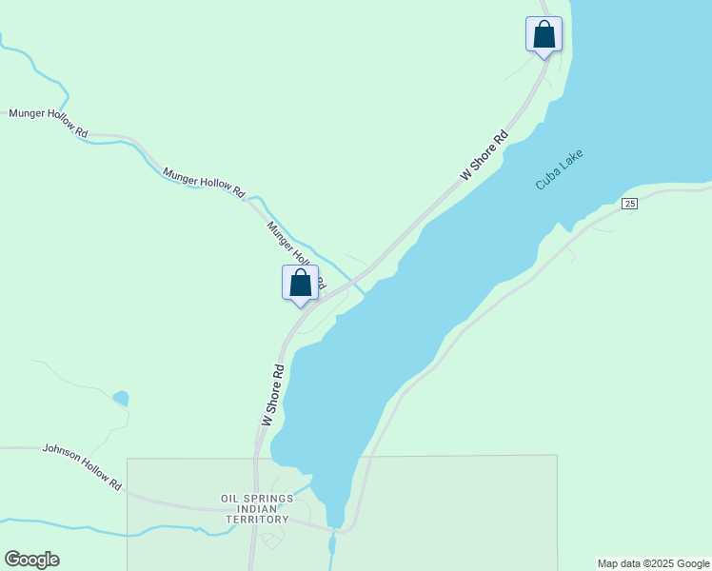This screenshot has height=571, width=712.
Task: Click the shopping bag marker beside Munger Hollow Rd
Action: click(301, 284)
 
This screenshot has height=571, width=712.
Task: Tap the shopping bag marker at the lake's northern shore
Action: click(544, 35)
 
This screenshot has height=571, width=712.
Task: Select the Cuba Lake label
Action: click(559, 169)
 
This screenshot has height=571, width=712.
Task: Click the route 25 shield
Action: click(629, 204)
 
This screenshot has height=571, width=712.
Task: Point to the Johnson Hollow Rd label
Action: click(83, 466)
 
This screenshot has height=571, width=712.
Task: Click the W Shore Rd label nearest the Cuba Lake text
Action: click(485, 155)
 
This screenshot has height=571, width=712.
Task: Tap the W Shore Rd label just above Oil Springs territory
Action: click(272, 394)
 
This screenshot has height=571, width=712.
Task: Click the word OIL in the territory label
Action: click(230, 499)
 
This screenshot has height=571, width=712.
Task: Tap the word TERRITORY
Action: click(257, 520)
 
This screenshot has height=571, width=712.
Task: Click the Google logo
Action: click(31, 560)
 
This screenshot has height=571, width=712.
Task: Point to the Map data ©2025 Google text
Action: click(654, 563)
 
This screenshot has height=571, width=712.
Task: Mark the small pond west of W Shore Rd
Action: click(121, 398)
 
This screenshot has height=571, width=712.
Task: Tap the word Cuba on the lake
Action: click(546, 180)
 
